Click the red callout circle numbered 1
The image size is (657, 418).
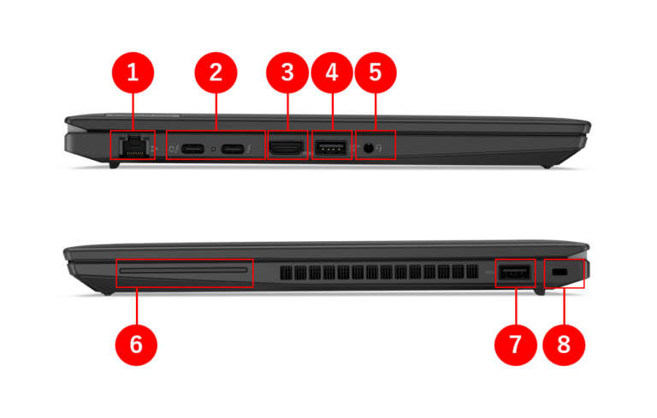pos(133,73)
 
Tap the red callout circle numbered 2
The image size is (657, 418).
pos(216,73)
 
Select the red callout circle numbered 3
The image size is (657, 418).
pos(287,73)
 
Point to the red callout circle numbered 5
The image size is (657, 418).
pos(375,73)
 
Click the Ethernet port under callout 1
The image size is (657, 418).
pos(132,146)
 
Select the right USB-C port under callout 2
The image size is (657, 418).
pos(232,149)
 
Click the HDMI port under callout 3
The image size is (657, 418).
pos(287,148)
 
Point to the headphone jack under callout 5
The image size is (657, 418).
pos(369,148)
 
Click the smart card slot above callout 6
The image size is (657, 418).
pos(185,273)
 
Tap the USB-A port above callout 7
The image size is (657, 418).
pos(514,273)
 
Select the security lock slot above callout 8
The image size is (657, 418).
pos(562,272)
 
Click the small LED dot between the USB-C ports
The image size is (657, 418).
pos(212,150)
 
